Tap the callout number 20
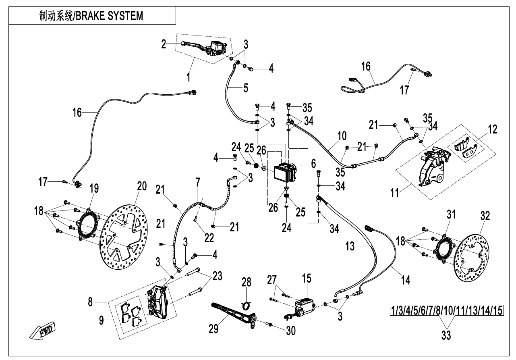141,186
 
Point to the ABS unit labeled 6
285,173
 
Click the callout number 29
213,329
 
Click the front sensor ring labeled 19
88,225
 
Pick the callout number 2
164,44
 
